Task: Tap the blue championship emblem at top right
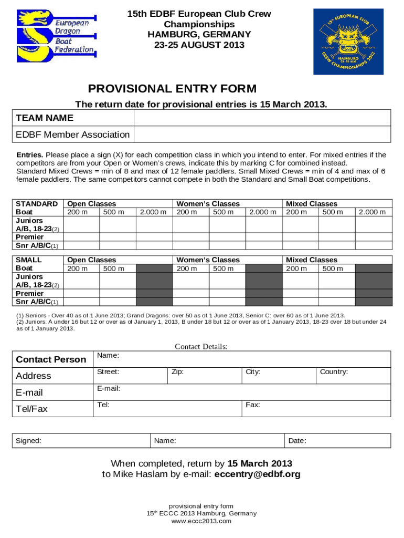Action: point(348,42)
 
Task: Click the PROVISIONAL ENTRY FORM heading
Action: point(172,88)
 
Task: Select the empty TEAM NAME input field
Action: point(262,118)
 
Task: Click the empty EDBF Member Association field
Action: point(262,134)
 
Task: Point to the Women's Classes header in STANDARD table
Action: point(208,203)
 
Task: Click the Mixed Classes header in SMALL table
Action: point(311,260)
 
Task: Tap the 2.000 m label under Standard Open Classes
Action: point(154,212)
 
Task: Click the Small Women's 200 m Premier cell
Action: point(190,293)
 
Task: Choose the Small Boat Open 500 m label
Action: point(114,268)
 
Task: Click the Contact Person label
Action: point(51,359)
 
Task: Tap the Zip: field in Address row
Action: point(204,376)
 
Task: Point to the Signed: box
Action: point(81,441)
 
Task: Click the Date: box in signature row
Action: point(337,441)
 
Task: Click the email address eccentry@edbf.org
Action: point(258,474)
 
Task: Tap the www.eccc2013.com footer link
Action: point(201,521)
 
